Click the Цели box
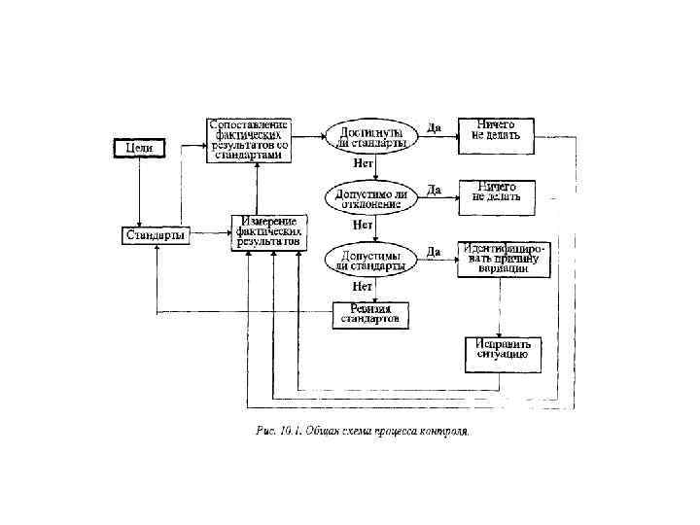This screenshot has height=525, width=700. (x=141, y=148)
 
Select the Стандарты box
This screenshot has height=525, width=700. (x=156, y=235)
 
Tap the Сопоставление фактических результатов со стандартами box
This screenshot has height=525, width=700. (x=250, y=139)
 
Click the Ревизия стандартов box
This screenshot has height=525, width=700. (x=371, y=314)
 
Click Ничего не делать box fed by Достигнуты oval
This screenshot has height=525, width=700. (x=497, y=130)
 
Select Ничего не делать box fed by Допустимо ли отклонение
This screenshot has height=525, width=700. (x=497, y=191)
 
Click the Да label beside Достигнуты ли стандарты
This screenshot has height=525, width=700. (x=435, y=127)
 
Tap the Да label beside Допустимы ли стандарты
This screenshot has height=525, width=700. (x=435, y=251)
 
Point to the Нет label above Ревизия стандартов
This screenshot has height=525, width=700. (x=363, y=287)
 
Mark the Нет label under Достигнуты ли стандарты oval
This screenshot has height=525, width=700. (x=363, y=163)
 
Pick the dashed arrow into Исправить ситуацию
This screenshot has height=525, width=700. (x=500, y=311)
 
